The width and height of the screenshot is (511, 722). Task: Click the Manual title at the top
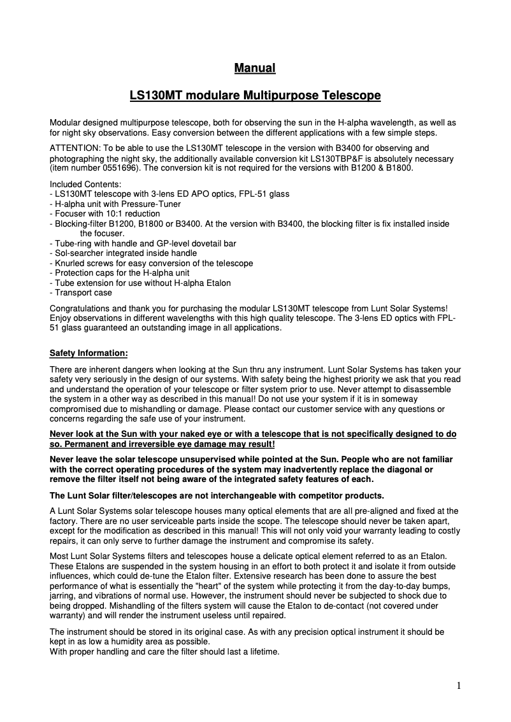tap(255, 67)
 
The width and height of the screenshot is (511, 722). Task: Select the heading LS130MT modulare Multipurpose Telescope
tap(255, 96)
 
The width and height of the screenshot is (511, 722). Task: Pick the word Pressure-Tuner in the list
tap(152, 204)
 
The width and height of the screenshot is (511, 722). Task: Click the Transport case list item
tap(83, 293)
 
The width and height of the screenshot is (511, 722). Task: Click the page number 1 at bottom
tap(459, 686)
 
